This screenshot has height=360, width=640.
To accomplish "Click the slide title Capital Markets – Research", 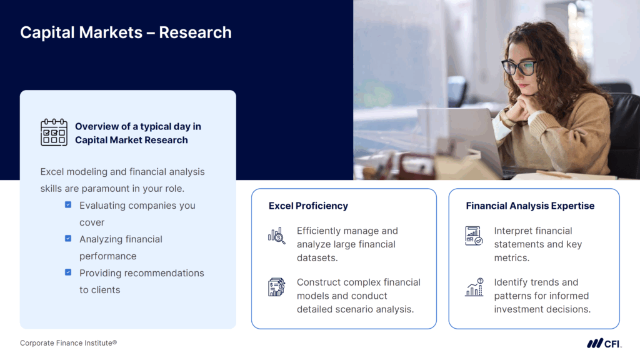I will click(x=126, y=32).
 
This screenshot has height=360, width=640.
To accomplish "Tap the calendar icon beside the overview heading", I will click(x=54, y=132).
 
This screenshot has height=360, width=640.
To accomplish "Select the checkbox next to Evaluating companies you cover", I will click(x=68, y=204).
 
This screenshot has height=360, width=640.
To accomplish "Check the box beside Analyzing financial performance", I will click(x=68, y=238).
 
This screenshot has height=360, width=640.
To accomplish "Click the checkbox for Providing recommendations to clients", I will click(x=68, y=272).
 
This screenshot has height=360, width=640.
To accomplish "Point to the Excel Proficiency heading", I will click(x=308, y=206).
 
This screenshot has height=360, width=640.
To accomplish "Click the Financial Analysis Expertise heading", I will click(x=530, y=206).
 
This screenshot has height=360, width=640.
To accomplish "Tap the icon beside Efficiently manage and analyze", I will click(x=276, y=236).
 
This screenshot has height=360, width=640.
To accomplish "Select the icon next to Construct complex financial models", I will click(x=276, y=287).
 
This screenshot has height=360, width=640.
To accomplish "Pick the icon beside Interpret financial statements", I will click(x=474, y=236).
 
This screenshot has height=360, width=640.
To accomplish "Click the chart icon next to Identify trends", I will click(x=474, y=287).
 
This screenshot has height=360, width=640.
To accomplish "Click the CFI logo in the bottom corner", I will click(x=604, y=343).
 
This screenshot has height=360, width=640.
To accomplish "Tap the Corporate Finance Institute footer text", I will click(x=68, y=343).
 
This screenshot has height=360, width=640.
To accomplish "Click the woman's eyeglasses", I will click(x=519, y=66).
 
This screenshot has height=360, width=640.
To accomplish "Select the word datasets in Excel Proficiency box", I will click(x=317, y=258).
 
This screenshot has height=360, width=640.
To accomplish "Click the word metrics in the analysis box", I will click(x=511, y=258).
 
